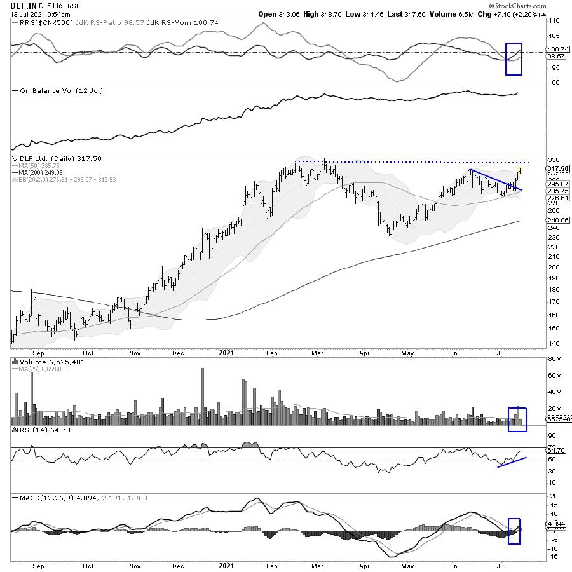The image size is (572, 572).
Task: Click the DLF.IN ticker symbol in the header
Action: tap(23, 5)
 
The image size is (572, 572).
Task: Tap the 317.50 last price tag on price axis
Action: tap(558, 168)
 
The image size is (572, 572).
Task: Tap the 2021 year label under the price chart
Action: tap(226, 351)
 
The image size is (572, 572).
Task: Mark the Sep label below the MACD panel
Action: tap(39, 564)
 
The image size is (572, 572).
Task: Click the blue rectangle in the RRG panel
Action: tap(514, 58)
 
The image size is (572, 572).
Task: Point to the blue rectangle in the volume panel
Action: tap(518, 419)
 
